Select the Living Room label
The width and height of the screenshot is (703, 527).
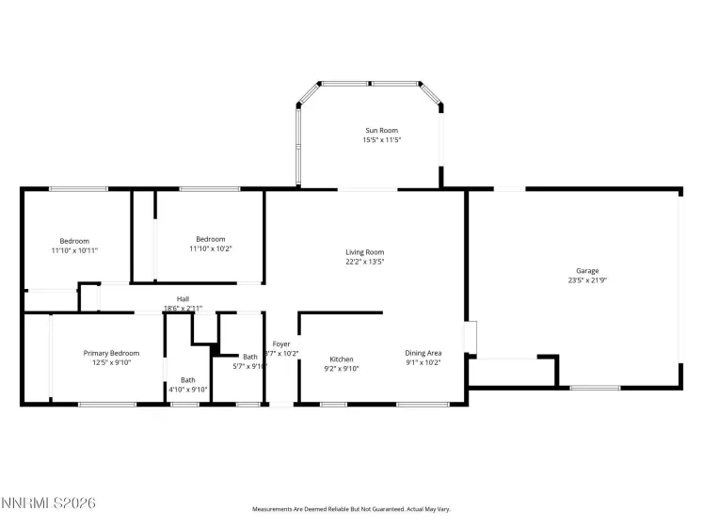click(365, 252)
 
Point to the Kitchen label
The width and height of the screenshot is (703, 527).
click(341, 359)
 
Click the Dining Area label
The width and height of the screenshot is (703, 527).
click(423, 353)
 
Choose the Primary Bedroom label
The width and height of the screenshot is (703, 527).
click(110, 353)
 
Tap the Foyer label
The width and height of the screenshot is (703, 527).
click(281, 344)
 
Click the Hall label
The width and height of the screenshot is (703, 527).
click(183, 299)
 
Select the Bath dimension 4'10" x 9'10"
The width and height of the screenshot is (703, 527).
click(187, 389)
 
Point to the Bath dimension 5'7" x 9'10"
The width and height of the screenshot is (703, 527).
click(249, 367)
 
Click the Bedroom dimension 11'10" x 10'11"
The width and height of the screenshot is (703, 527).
click(74, 250)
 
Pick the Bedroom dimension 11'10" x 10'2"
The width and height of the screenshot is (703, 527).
click(210, 248)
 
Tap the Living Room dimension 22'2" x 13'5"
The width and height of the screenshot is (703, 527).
click(365, 262)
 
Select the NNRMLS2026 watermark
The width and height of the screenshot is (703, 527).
click(49, 504)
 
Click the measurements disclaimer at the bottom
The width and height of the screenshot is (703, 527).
click(351, 509)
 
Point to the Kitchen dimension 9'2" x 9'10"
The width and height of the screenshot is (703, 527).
click(341, 369)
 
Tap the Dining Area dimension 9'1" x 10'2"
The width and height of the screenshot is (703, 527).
click(423, 362)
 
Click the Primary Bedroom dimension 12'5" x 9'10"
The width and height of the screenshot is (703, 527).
click(110, 362)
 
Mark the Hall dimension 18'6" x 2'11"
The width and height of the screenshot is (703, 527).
click(183, 308)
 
